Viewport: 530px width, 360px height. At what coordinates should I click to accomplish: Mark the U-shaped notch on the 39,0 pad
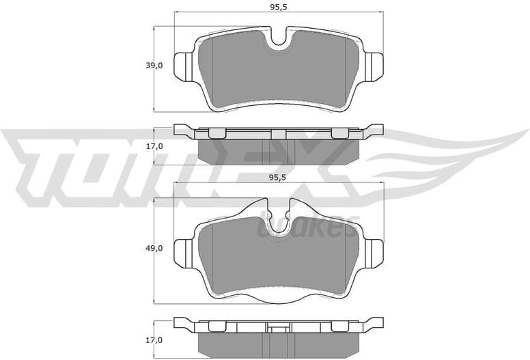click(279, 40)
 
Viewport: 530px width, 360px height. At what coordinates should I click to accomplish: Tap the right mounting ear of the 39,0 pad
click(373, 66)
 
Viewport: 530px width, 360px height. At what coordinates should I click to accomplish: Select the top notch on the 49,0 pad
click(279, 217)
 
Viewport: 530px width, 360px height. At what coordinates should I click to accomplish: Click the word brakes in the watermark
click(307, 227)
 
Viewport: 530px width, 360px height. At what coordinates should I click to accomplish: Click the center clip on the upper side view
click(279, 134)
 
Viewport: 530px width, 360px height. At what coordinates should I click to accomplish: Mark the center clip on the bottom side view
click(279, 327)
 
